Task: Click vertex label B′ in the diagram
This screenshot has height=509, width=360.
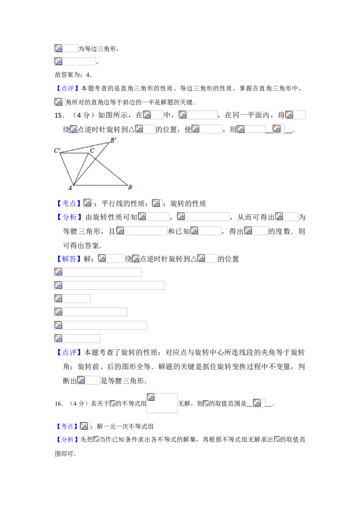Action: (113, 140)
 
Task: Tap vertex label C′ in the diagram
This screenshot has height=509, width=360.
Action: (57, 150)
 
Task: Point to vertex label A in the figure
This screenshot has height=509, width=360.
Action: (70, 188)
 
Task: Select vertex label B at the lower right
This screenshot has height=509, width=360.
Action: (130, 187)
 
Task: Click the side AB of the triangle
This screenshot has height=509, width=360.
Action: (100, 185)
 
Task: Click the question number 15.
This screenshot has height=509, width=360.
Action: (59, 115)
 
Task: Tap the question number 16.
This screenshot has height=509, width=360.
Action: (59, 403)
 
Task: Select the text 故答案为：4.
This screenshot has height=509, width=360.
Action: (73, 75)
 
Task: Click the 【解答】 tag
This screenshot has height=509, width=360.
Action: (68, 259)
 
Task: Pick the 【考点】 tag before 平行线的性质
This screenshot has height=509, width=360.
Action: (68, 204)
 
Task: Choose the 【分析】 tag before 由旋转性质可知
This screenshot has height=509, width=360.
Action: (68, 217)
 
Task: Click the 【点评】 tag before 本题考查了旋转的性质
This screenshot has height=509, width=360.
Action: (68, 352)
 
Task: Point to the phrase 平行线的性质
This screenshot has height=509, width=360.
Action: (123, 204)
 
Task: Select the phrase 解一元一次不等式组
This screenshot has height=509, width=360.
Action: (126, 427)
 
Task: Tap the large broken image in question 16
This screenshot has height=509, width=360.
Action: (162, 403)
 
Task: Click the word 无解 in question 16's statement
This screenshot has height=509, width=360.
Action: (184, 403)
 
